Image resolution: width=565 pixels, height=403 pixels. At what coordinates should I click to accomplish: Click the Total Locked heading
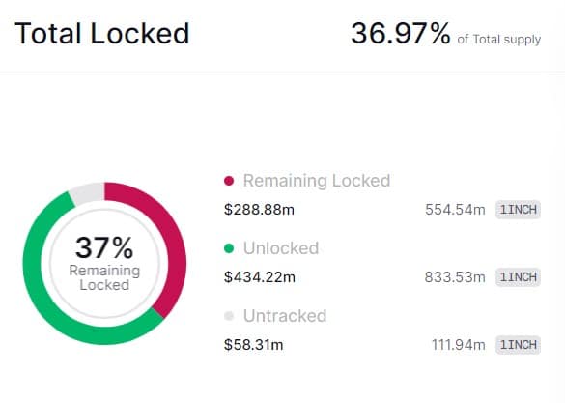pos(101,35)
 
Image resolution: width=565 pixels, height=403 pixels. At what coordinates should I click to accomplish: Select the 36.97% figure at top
pos(400,35)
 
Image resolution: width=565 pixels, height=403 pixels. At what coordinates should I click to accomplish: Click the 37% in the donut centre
pos(104,246)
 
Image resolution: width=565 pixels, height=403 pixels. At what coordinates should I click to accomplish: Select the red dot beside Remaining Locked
pos(229,181)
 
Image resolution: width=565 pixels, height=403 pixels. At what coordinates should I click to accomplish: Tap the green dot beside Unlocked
pos(229,248)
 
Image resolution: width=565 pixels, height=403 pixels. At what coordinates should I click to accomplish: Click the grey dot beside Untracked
pos(229,316)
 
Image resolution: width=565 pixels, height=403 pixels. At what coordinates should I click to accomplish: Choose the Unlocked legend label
pos(281,248)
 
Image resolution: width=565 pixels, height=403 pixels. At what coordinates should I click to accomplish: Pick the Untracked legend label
pos(285,316)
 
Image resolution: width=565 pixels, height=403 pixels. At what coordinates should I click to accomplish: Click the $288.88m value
pos(259,210)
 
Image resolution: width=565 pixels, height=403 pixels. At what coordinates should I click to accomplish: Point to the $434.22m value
pos(259,277)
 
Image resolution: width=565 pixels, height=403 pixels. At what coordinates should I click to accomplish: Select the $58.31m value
pos(254,345)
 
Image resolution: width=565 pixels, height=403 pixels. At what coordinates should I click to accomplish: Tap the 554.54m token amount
pos(455,210)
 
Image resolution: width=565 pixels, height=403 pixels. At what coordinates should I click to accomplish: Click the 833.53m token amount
pos(455,277)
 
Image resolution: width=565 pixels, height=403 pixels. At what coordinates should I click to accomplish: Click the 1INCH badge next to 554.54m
pos(518,210)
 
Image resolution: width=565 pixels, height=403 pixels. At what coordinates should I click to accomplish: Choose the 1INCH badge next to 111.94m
pos(518,345)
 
